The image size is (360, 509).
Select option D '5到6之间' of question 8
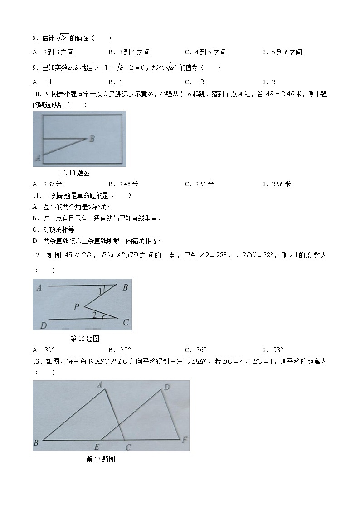(281, 53)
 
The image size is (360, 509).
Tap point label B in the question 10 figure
(92, 139)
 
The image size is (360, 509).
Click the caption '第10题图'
(75, 173)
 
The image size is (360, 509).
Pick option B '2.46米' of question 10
(123, 184)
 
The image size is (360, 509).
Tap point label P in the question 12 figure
(76, 307)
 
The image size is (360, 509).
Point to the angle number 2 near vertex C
(94, 315)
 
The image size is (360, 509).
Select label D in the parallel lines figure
(43, 325)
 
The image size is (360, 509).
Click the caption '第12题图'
(85, 339)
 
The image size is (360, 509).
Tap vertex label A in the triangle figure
(99, 385)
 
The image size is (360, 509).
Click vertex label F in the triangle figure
(184, 439)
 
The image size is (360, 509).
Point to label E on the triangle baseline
(97, 447)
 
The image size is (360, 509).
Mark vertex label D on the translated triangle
(166, 387)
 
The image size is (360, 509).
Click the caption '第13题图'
(101, 459)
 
